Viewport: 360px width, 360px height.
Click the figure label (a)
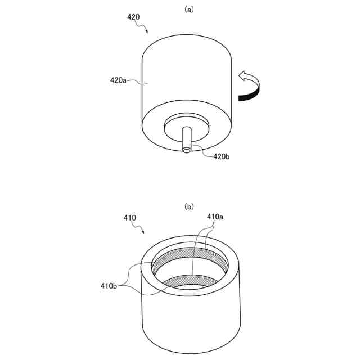189,9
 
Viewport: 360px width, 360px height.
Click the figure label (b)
189,206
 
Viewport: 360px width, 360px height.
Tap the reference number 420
133,17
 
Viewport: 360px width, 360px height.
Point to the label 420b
222,157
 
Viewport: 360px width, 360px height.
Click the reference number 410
129,217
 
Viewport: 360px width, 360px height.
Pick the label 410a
215,217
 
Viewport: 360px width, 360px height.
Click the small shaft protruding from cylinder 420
186,139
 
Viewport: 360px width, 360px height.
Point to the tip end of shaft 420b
186,149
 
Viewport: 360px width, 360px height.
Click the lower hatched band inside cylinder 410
191,280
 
